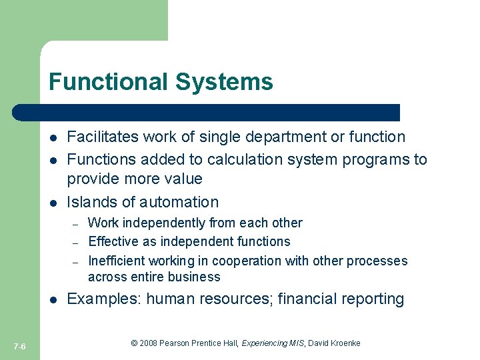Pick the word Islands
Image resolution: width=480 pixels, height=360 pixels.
click(92, 202)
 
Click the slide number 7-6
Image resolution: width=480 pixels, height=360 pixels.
click(19, 345)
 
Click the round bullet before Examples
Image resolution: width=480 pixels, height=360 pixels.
click(53, 299)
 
